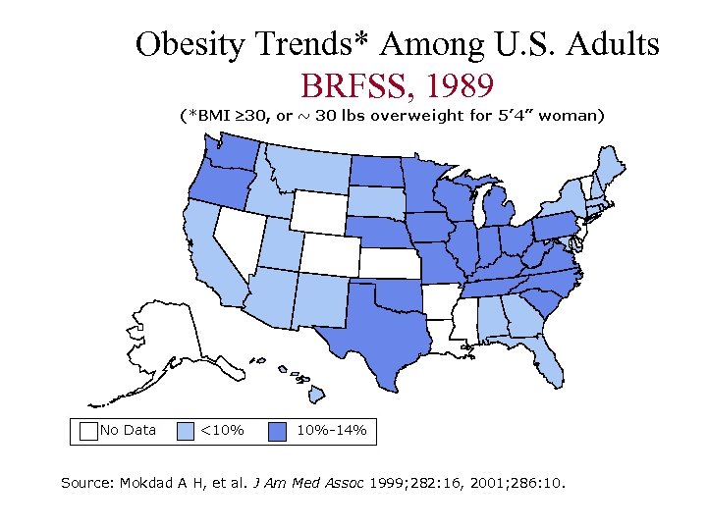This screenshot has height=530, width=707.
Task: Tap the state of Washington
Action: click(x=232, y=152)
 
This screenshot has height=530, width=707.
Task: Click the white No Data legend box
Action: click(x=88, y=430)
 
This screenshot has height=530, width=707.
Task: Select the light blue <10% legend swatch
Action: click(x=186, y=430)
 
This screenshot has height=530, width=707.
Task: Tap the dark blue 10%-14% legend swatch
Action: click(x=279, y=430)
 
